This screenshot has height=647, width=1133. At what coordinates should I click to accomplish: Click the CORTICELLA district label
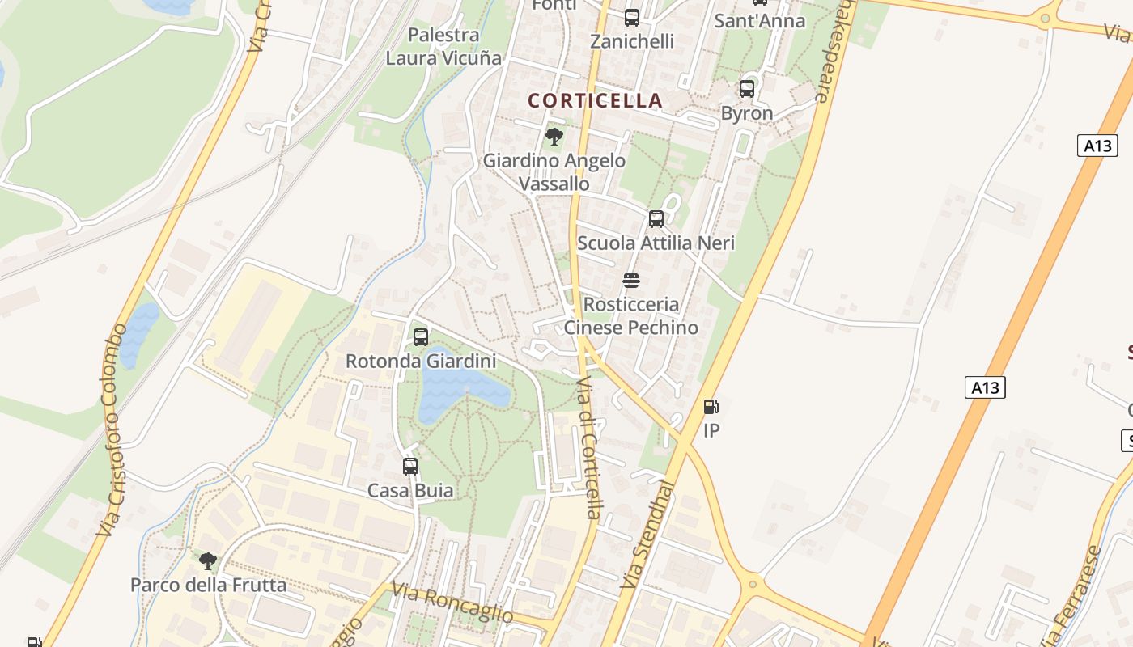tap(595, 100)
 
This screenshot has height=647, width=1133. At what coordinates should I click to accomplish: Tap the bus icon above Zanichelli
tap(632, 17)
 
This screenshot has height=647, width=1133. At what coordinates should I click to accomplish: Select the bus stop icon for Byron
tap(747, 88)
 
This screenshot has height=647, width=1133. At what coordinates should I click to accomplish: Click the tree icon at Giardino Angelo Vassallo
tap(554, 136)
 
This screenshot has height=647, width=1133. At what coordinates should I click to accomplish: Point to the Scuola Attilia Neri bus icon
tap(656, 218)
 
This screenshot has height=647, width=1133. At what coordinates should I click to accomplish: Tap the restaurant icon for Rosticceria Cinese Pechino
tap(631, 281)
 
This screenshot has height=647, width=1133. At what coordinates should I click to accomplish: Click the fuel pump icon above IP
tap(711, 406)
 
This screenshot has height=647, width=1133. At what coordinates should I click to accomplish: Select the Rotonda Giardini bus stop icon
tap(421, 336)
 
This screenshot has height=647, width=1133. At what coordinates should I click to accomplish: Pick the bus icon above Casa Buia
tap(410, 466)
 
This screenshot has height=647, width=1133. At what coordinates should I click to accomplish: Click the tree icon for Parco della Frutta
tap(208, 560)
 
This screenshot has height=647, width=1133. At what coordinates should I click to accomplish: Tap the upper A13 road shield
tap(1097, 146)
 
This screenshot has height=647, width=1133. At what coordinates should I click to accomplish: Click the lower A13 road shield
tap(985, 387)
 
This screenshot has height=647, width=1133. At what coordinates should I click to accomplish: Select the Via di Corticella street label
tap(590, 447)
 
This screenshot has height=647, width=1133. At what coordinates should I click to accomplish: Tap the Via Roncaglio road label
tap(452, 603)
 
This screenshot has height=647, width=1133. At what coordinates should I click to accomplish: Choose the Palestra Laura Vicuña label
tap(443, 46)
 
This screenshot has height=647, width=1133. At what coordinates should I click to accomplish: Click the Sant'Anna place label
tap(760, 21)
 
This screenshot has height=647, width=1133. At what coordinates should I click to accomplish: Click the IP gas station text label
tap(711, 430)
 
